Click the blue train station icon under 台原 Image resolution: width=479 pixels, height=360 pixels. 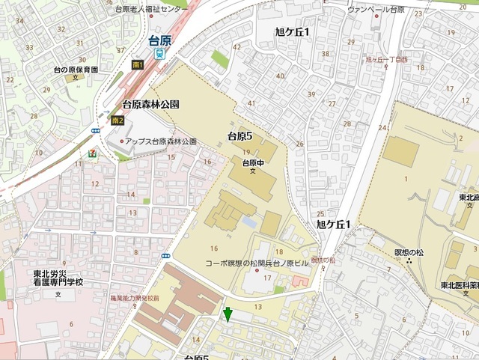pos(159,54)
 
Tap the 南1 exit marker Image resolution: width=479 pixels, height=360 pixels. pos(137,65)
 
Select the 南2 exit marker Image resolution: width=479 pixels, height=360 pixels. pos(116,120)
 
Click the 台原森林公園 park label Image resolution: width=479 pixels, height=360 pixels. pos(150,106)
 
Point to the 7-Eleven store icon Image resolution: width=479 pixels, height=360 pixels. pos(91,153)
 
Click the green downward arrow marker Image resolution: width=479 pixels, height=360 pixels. pos(228,314)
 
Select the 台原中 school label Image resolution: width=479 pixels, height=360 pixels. pos(252,162)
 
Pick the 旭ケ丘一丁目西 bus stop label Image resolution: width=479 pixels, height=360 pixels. pos(386,59)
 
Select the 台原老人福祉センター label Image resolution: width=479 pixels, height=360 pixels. pos(152,9)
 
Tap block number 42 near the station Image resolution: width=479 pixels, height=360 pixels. pos(237,47)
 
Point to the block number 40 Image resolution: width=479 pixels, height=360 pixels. pos(280,76)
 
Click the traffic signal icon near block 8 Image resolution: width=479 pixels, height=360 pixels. pos(165,255)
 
